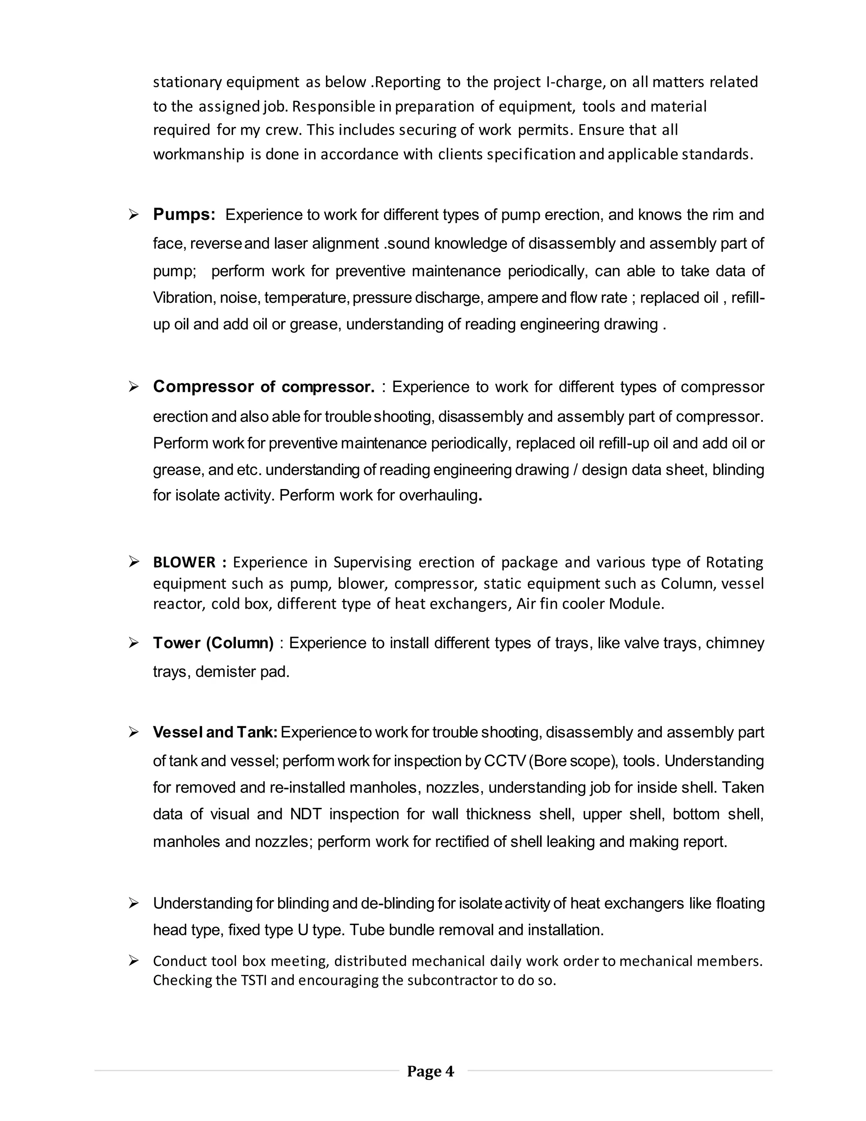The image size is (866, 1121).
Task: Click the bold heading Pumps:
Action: click(x=184, y=214)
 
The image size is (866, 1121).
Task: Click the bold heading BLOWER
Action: click(x=184, y=563)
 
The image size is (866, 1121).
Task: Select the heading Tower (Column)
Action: click(x=213, y=643)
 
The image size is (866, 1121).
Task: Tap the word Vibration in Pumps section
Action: click(x=183, y=298)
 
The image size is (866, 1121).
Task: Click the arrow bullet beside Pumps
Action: click(x=134, y=215)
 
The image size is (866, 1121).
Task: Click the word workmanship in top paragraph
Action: click(x=199, y=154)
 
